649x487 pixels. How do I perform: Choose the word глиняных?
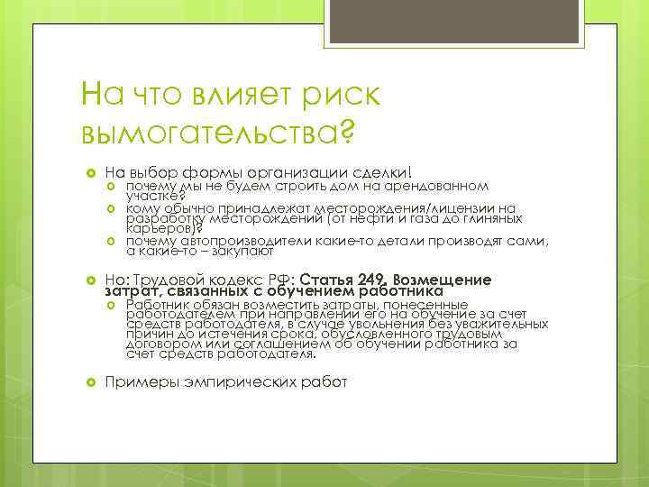click(484, 217)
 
